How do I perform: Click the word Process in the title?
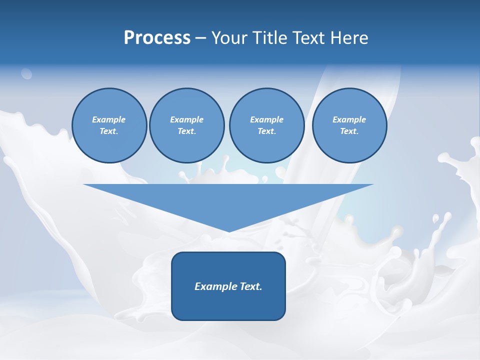(157, 38)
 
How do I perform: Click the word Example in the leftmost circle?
(108, 119)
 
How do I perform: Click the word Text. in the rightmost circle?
(349, 131)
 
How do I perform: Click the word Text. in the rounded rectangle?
(251, 286)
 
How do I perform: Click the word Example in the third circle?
(266, 119)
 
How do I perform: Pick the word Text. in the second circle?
(186, 131)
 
